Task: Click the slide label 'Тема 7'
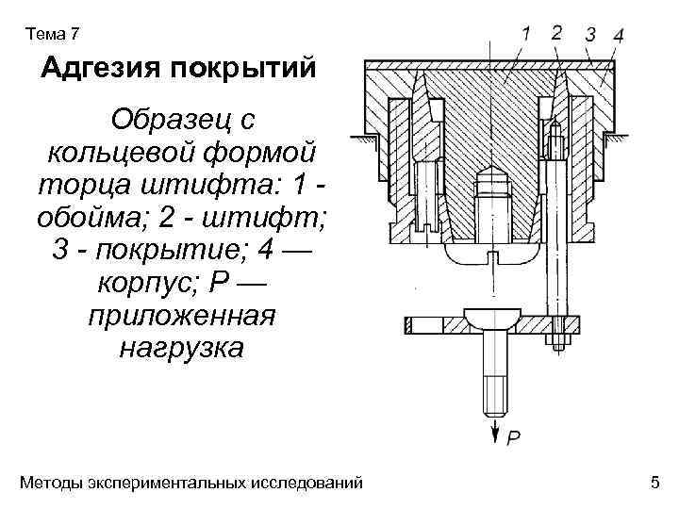coord(55,35)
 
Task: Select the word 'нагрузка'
coord(181,350)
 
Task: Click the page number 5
coord(654,484)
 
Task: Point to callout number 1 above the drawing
coord(525,33)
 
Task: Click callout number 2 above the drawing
coord(556,32)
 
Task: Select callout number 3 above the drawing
coord(589,35)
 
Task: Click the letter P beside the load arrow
coord(513,436)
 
